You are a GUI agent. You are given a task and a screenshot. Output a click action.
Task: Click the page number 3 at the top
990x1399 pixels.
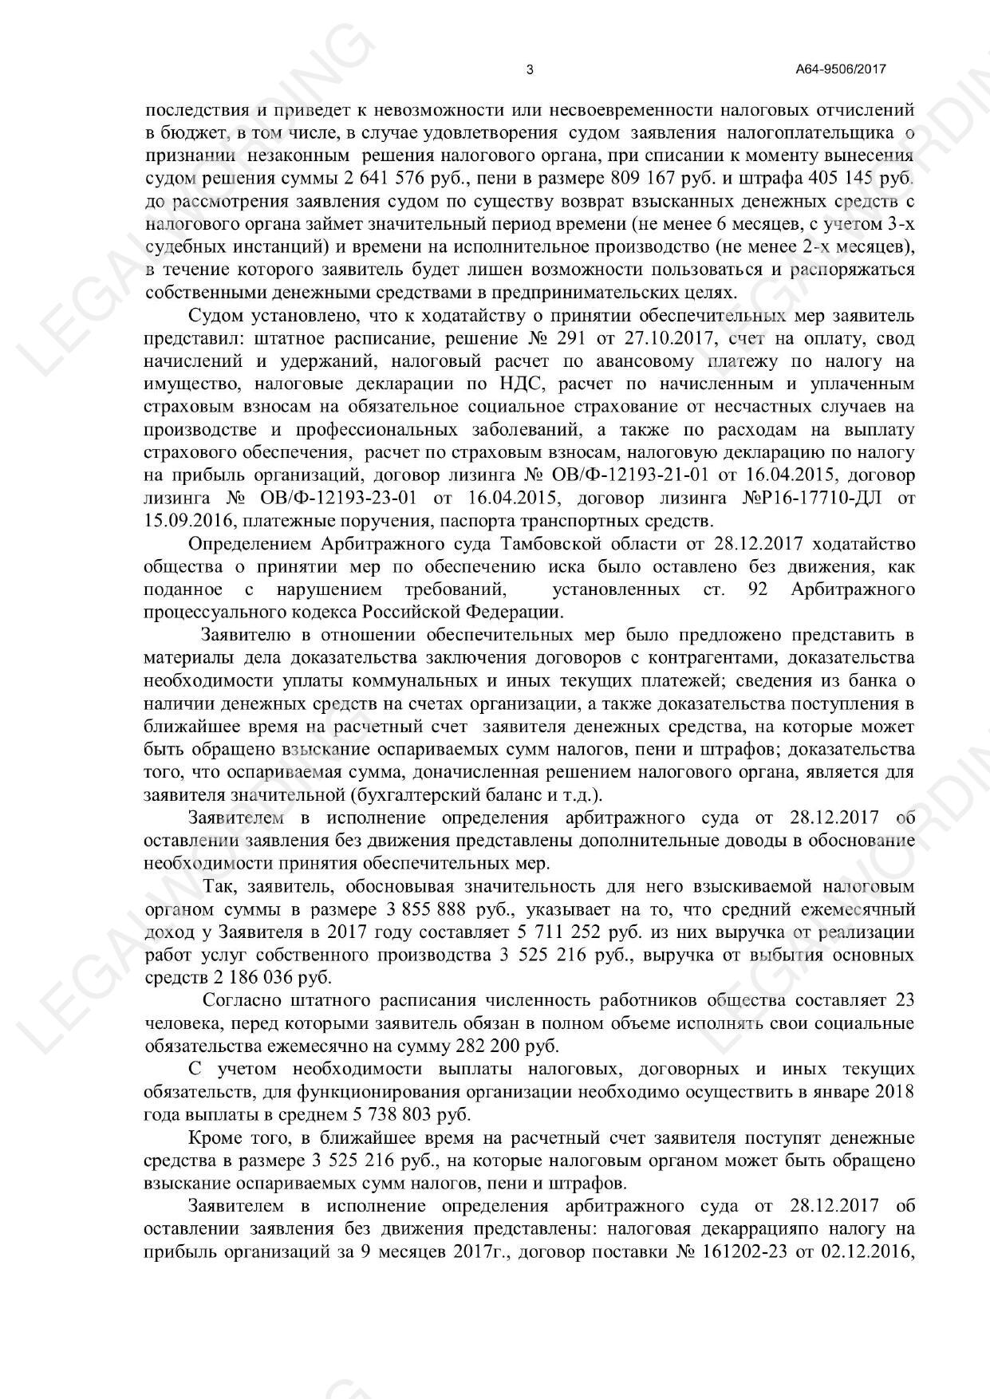pyautogui.click(x=530, y=69)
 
